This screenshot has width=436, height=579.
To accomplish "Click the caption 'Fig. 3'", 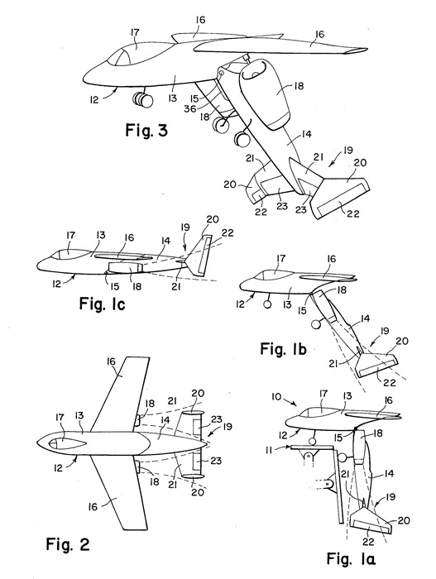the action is (x=146, y=130).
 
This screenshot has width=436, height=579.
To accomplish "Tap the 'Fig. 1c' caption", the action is (x=103, y=304).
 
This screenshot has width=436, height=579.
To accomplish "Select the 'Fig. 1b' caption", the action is (x=284, y=348).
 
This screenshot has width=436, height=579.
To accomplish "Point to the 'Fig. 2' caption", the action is (x=68, y=544).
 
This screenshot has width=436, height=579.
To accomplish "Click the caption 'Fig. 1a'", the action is (x=351, y=558).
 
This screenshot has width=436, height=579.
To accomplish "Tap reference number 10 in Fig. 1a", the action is (x=277, y=397).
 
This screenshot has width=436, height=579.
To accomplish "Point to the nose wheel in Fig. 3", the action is (x=143, y=100).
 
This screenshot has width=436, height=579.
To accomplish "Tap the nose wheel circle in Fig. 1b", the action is (x=266, y=304).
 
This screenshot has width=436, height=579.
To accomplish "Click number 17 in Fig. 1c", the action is (x=70, y=235).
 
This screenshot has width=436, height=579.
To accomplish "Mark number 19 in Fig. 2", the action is (x=228, y=426).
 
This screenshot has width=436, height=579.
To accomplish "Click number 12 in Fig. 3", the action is (x=94, y=99).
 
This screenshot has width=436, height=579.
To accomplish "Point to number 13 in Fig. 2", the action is (x=80, y=416).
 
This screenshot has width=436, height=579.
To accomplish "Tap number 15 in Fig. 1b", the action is (x=302, y=310).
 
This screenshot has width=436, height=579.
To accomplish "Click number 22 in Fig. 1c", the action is (x=228, y=233).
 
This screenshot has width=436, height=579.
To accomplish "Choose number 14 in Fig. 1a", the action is (x=389, y=473).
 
